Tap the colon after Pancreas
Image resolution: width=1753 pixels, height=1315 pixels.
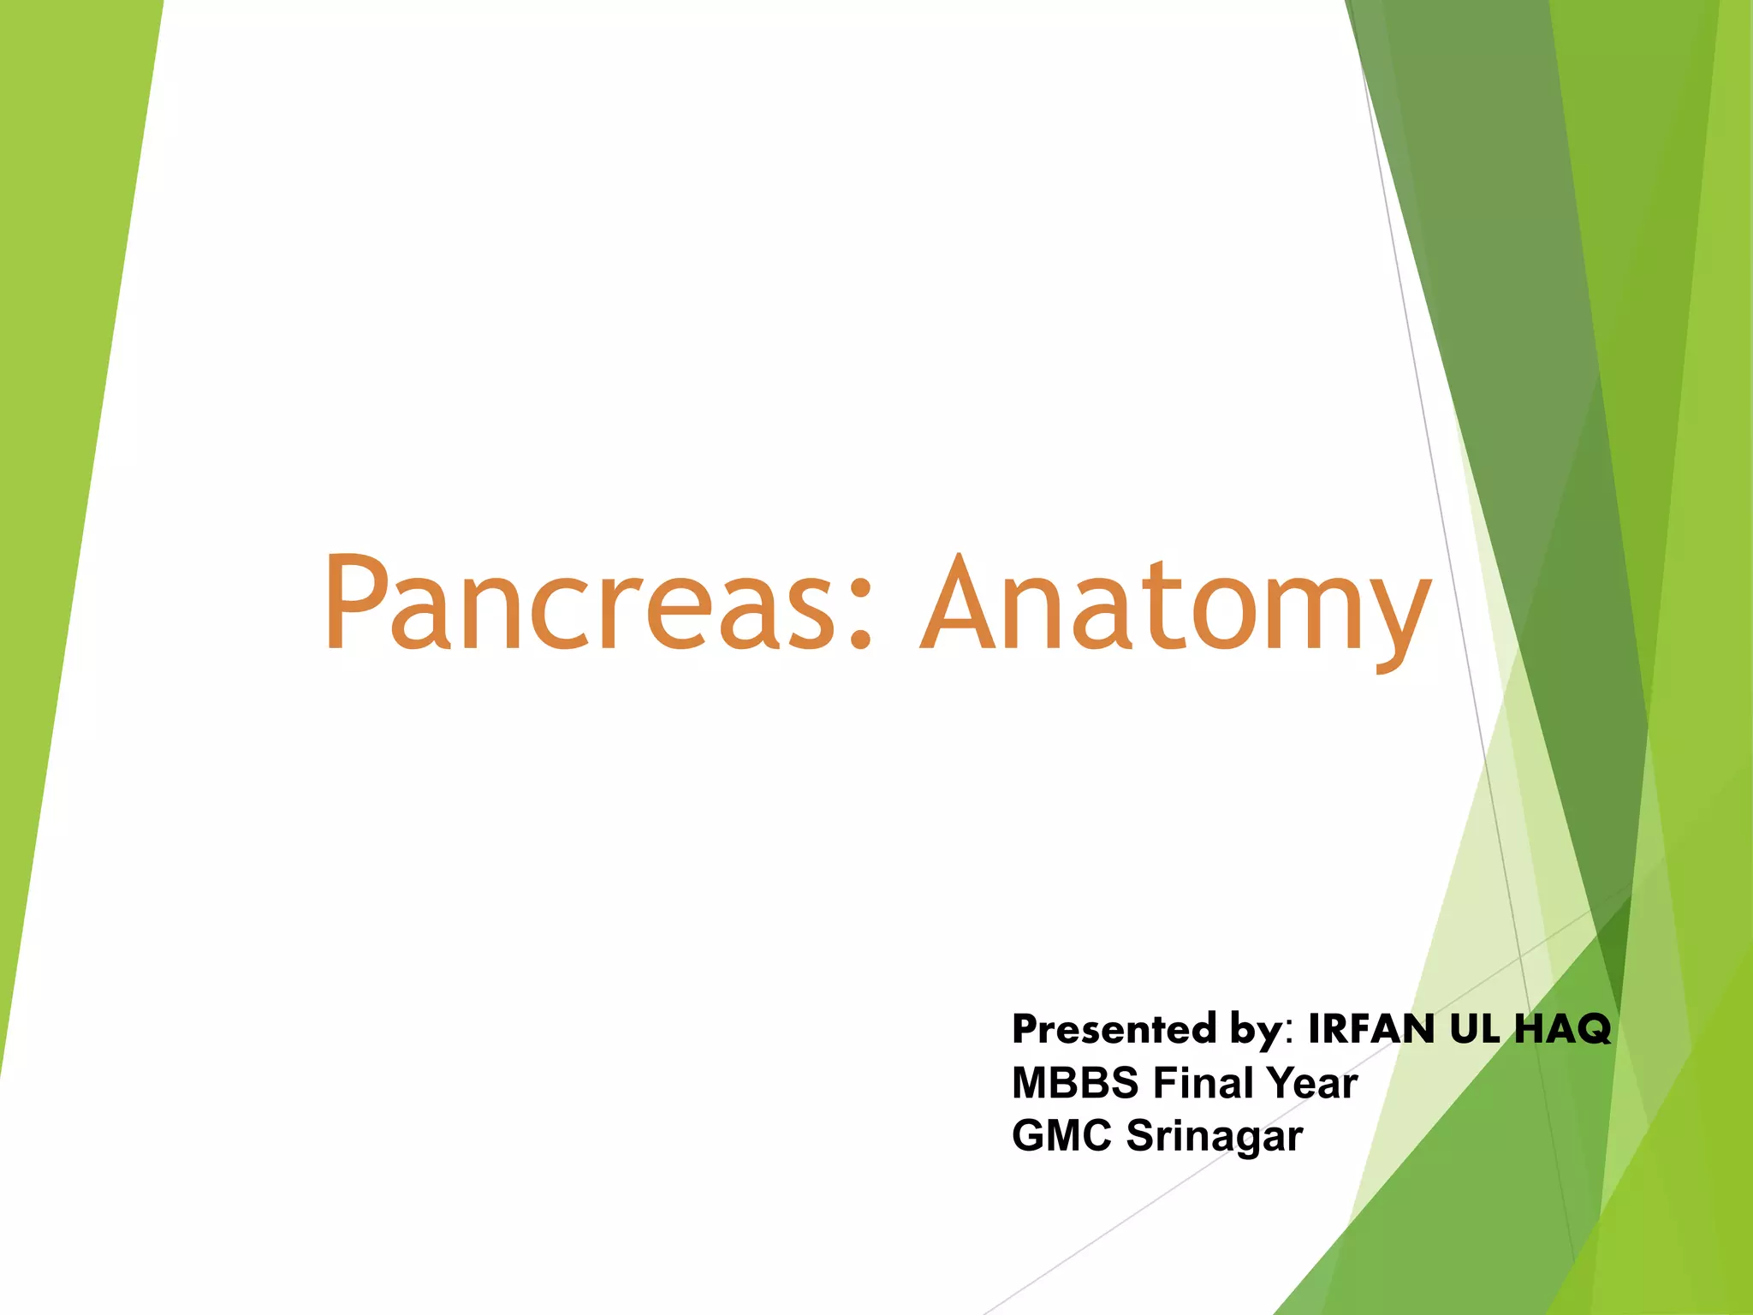click(x=860, y=612)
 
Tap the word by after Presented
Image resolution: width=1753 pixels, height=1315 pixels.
click(x=1256, y=1030)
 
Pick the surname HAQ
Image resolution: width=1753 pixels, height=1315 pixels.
click(x=1562, y=1028)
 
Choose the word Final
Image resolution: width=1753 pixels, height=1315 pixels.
click(x=1203, y=1082)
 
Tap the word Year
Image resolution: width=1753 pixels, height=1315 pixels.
click(x=1313, y=1082)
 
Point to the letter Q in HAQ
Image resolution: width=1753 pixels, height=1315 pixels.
click(x=1590, y=1029)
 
